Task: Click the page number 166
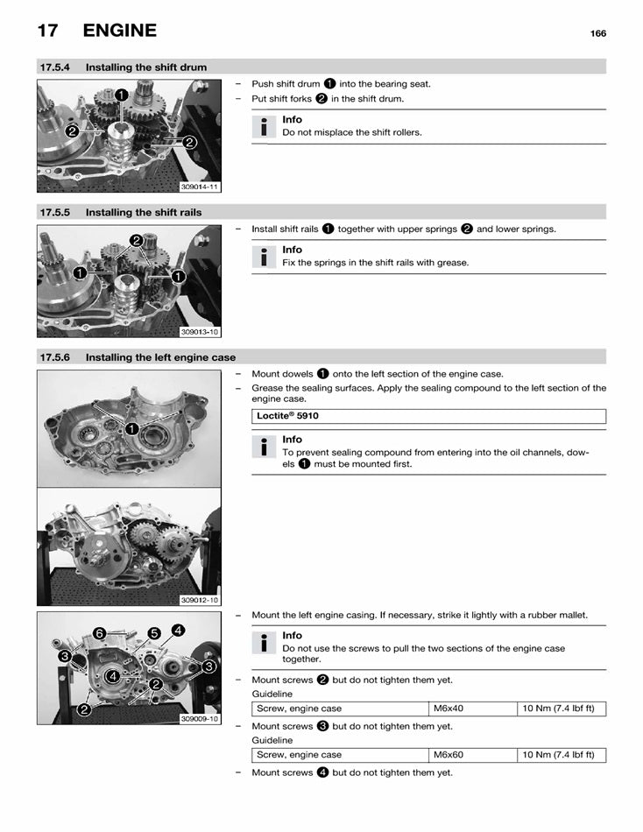pyautogui.click(x=597, y=33)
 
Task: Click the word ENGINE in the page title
pyautogui.click(x=119, y=31)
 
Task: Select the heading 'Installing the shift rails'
pyautogui.click(x=144, y=212)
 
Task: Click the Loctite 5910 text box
pyautogui.click(x=428, y=417)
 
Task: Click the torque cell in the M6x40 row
pyautogui.click(x=558, y=709)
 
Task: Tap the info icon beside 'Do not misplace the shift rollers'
pyautogui.click(x=264, y=127)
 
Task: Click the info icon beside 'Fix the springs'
pyautogui.click(x=264, y=257)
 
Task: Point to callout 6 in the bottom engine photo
pyautogui.click(x=100, y=633)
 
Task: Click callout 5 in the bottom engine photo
pyautogui.click(x=154, y=633)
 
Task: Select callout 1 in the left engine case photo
pyautogui.click(x=131, y=428)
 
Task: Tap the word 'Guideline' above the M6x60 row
pyautogui.click(x=272, y=740)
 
